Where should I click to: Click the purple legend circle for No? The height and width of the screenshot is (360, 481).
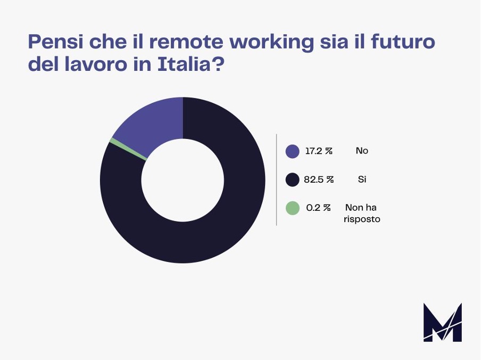coord(292,151)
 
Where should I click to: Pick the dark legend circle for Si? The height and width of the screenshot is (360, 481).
coord(292,180)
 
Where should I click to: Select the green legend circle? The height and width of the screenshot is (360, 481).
coord(292,208)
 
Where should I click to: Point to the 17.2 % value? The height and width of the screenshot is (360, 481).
coord(318,151)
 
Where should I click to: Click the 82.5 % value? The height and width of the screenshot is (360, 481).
coord(319,180)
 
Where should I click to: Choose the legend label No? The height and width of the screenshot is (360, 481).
coord(362,151)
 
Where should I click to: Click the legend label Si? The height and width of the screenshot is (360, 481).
coord(362,180)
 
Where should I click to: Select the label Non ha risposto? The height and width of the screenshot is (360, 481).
coord(362,213)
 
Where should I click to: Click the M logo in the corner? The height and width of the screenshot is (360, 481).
coord(442,322)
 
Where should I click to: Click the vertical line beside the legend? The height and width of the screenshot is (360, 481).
coord(276,179)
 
